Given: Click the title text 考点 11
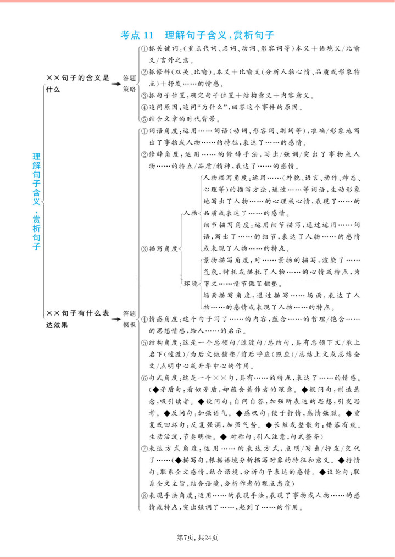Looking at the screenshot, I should [135, 35].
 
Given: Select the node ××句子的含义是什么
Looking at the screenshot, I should [77, 84].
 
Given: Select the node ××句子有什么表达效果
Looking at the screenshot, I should [77, 319].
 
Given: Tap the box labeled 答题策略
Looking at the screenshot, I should [130, 84].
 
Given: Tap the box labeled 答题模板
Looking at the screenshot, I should [130, 319].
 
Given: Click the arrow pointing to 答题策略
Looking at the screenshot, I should [115, 84].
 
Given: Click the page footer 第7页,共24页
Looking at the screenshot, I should [197, 537].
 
